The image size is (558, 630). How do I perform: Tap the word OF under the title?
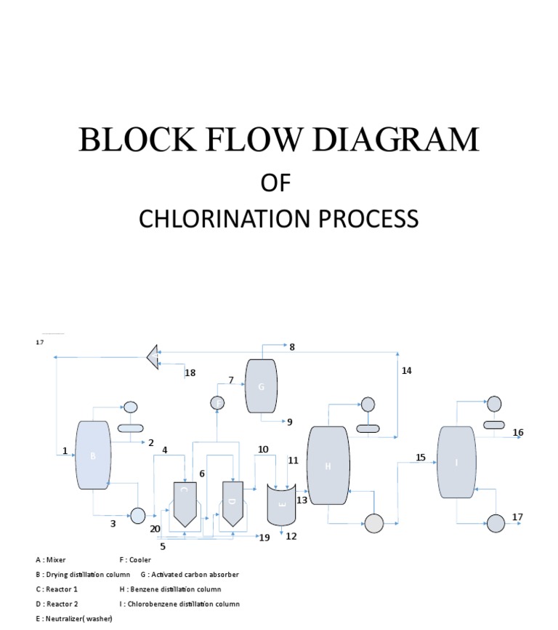[275, 183]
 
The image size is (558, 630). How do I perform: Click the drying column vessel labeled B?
[93, 455]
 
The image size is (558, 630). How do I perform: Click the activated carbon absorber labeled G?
[262, 386]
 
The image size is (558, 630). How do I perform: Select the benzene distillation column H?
[328, 466]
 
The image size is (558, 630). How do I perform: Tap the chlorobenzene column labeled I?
[456, 463]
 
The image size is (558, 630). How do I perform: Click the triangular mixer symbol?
[152, 356]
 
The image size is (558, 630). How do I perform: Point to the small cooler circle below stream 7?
[217, 402]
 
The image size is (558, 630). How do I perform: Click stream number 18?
[190, 373]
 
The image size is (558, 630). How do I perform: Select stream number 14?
[406, 370]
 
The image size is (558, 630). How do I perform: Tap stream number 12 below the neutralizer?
[291, 537]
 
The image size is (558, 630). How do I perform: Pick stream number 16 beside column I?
[517, 433]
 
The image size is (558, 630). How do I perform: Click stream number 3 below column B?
[113, 522]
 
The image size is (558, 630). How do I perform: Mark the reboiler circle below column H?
[373, 523]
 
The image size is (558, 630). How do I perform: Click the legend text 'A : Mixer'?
[51, 560]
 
